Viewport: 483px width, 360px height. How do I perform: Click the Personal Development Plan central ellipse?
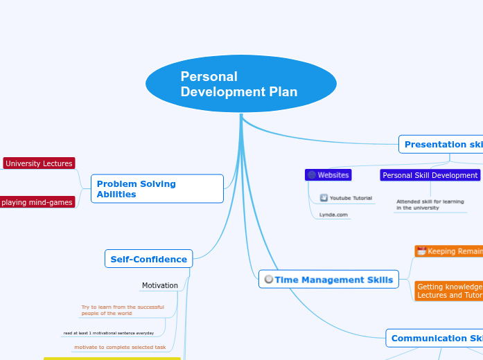click(240, 84)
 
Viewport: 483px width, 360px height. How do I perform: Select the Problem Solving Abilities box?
click(157, 189)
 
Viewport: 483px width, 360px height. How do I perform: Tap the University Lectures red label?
click(39, 163)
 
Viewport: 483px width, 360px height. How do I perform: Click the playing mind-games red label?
click(37, 202)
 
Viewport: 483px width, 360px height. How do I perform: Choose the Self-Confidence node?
click(148, 260)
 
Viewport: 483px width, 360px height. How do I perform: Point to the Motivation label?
click(160, 285)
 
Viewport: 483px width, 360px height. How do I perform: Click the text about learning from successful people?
click(123, 310)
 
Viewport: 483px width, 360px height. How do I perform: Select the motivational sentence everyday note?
click(109, 333)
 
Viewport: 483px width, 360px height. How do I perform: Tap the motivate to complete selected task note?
click(120, 347)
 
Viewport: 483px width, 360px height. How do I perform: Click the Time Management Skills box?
click(328, 280)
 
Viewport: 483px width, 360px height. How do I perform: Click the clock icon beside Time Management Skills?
click(268, 280)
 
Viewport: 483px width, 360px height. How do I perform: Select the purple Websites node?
click(328, 175)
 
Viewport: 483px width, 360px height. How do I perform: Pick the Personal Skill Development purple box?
click(430, 175)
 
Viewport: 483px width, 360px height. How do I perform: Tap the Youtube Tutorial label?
click(351, 198)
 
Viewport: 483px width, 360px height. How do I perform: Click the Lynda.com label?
click(333, 215)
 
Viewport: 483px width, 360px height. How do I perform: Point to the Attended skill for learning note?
click(430, 204)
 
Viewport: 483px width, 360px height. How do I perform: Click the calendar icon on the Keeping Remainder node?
click(421, 251)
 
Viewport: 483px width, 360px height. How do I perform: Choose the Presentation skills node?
click(442, 145)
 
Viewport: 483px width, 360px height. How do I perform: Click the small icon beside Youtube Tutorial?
click(324, 198)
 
